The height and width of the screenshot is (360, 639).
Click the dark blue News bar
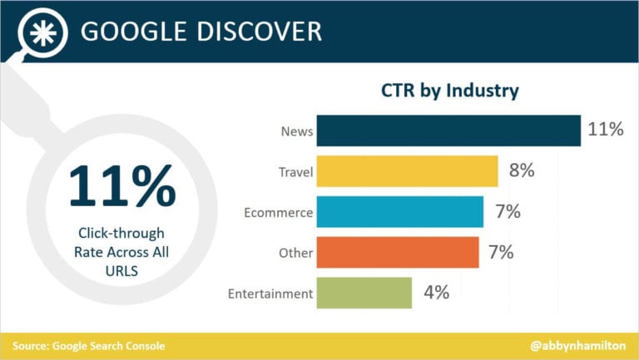[x=448, y=131]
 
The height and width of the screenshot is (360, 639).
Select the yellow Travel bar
[x=407, y=171]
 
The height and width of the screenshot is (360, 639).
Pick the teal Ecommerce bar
[x=399, y=212]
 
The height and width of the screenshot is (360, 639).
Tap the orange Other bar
[x=398, y=252]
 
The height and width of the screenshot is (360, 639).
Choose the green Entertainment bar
[x=364, y=293]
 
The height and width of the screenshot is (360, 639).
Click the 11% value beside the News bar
[x=605, y=131]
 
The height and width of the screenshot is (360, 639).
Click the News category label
[x=297, y=131]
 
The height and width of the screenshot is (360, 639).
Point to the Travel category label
[x=295, y=172]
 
